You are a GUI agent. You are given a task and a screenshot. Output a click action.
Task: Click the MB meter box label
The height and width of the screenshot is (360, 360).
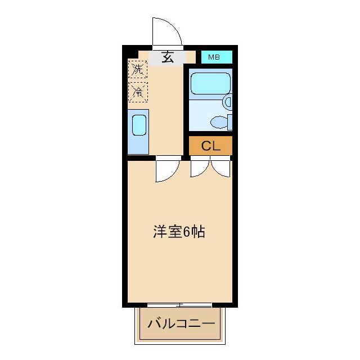(214, 57)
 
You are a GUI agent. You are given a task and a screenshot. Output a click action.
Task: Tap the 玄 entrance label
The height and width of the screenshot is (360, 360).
(168, 56)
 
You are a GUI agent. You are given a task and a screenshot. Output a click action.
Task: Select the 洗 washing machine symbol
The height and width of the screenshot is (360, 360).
(137, 70)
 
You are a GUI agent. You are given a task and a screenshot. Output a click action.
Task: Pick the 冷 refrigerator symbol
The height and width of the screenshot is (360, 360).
(137, 91)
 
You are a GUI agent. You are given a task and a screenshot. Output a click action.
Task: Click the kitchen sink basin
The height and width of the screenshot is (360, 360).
(139, 125)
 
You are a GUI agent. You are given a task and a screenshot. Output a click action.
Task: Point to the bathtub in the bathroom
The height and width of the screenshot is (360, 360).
(210, 84)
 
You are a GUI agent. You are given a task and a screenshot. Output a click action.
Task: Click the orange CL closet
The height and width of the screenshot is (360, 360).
(210, 146)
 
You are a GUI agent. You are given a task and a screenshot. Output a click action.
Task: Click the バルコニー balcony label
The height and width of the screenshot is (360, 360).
(181, 324)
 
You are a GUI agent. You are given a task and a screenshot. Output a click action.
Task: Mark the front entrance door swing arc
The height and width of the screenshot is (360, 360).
(169, 33)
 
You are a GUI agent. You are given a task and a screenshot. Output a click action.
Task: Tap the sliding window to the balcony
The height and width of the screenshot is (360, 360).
(179, 305)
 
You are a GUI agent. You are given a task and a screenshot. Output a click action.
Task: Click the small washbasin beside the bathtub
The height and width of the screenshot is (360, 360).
(228, 102)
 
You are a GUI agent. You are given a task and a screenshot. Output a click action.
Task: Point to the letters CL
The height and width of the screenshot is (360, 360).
(210, 146)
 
